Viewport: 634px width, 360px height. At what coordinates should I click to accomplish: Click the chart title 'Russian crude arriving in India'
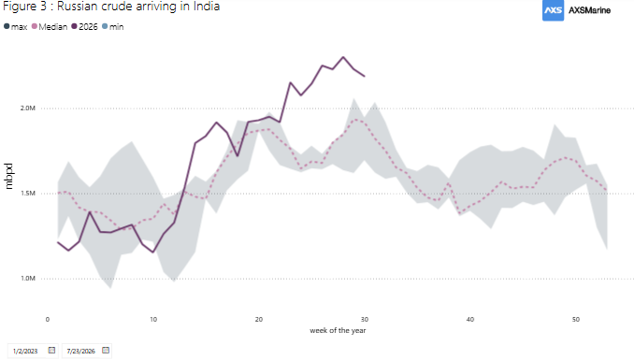[x=138, y=7]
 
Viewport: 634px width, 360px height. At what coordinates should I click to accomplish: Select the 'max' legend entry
[x=15, y=27]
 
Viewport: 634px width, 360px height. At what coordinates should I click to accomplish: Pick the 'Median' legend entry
[x=50, y=27]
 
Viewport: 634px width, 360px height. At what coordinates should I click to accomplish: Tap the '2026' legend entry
[x=84, y=27]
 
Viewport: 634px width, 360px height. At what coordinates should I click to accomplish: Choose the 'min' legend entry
[x=113, y=27]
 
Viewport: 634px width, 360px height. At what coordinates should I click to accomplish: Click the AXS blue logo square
[x=553, y=10]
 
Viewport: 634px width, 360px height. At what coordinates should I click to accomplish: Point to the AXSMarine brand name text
[x=589, y=10]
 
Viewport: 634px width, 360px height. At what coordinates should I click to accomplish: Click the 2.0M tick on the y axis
[x=28, y=108]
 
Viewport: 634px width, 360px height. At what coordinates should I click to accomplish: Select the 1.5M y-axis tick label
[x=28, y=194]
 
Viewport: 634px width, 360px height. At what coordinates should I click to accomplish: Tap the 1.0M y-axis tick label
[x=28, y=279]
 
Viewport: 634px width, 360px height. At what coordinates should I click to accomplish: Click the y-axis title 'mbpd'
[x=8, y=176]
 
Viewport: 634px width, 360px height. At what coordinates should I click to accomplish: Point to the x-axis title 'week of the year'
[x=338, y=330]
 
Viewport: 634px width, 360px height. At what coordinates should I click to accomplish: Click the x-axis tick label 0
[x=48, y=320]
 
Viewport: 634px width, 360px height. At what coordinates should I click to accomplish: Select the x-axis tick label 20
[x=259, y=320]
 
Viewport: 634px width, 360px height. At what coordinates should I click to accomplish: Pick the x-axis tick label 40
[x=469, y=320]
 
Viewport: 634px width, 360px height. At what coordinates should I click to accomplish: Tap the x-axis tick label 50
[x=576, y=320]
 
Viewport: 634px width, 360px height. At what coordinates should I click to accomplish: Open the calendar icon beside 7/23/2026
[x=106, y=351]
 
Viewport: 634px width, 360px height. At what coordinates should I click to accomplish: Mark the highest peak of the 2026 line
[x=343, y=57]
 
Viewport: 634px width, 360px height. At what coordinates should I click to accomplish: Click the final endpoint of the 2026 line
[x=365, y=76]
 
